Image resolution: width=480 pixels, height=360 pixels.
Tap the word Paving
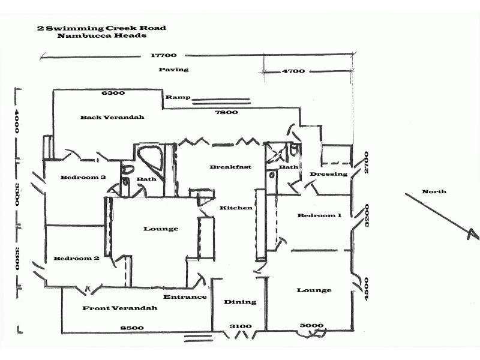point(173,70)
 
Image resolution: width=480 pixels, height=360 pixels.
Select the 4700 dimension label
point(293,71)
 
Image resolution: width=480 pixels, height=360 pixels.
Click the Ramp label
point(178,97)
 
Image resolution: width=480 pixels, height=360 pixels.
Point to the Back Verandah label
point(112,118)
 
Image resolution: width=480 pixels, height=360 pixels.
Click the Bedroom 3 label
point(83,178)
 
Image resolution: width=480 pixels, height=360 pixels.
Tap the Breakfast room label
point(230,167)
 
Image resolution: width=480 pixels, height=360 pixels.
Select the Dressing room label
point(328,175)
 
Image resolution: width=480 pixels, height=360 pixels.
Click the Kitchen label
point(236,208)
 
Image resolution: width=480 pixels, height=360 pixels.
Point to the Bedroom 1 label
point(319,215)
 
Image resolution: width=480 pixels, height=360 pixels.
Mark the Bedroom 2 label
point(76,259)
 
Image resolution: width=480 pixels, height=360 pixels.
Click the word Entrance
point(185,297)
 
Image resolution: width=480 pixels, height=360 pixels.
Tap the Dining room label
point(240,302)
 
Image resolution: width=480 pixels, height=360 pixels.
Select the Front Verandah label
point(120,308)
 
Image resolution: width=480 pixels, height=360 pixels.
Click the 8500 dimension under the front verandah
point(131,328)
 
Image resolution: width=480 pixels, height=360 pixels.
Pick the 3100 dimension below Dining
point(241,327)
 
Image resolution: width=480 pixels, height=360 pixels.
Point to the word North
point(434,192)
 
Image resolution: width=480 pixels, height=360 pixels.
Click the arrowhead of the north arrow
point(474,235)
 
